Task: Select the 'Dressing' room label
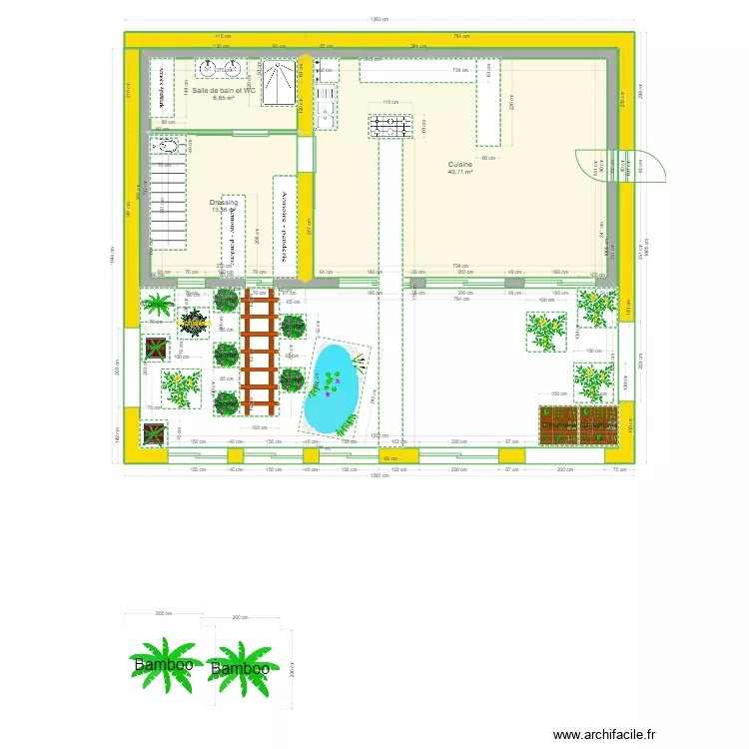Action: tap(224, 203)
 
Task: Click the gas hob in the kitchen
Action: tap(389, 126)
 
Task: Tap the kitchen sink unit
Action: tap(326, 106)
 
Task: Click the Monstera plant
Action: tap(192, 323)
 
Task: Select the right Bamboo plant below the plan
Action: tap(241, 668)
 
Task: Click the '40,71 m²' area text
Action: tap(460, 172)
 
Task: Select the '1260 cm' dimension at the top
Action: tap(378, 19)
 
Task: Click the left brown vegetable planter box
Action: tap(559, 424)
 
